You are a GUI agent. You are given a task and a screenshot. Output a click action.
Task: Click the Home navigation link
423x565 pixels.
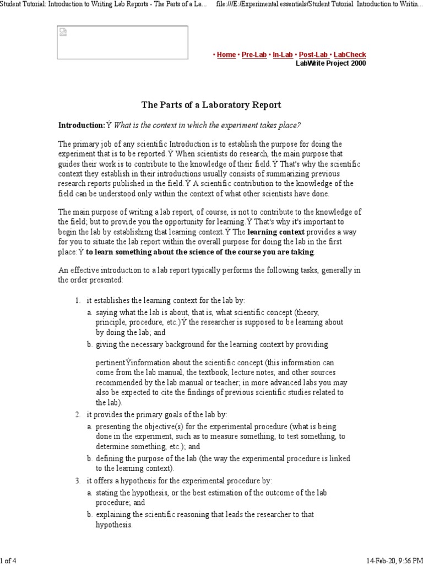pos(226,55)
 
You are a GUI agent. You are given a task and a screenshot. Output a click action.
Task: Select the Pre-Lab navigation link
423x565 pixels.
pos(254,55)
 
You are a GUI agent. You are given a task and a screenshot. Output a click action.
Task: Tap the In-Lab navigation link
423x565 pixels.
pos(283,55)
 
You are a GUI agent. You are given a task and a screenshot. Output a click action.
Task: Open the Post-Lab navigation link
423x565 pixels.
pos(313,55)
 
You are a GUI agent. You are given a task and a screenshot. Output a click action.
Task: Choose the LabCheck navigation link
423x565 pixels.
pos(349,55)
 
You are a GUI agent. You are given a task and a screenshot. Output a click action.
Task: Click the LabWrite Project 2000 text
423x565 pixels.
pos(330,63)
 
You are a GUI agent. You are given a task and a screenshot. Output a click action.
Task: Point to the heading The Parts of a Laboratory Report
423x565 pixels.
pos(211,104)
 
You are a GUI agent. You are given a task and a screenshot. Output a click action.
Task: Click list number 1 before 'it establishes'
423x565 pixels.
pos(78,300)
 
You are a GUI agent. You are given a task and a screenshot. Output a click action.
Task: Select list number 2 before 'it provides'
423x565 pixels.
pos(78,414)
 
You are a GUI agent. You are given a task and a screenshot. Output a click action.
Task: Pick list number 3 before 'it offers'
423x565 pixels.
pos(78,481)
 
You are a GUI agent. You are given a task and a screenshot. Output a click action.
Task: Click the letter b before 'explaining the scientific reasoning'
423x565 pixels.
pos(89,514)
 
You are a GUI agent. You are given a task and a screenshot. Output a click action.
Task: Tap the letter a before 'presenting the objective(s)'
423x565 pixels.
pos(89,427)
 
